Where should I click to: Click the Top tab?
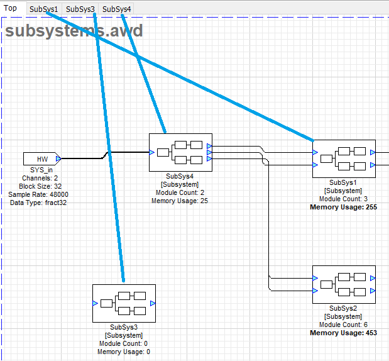(10, 8)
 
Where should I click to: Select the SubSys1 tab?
(43, 9)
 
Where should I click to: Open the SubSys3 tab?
(80, 9)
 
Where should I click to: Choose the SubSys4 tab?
(116, 9)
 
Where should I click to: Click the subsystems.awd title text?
(74, 31)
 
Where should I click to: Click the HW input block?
(42, 158)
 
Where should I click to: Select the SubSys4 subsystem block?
(180, 152)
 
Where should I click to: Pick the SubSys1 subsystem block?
(344, 158)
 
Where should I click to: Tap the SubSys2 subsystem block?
(344, 284)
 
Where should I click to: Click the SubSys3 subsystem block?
(124, 303)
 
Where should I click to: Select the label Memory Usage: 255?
(344, 207)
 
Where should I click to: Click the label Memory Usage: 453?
(344, 333)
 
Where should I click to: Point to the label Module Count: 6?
(344, 325)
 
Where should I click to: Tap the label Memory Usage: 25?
(180, 201)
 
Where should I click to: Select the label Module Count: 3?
(344, 199)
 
